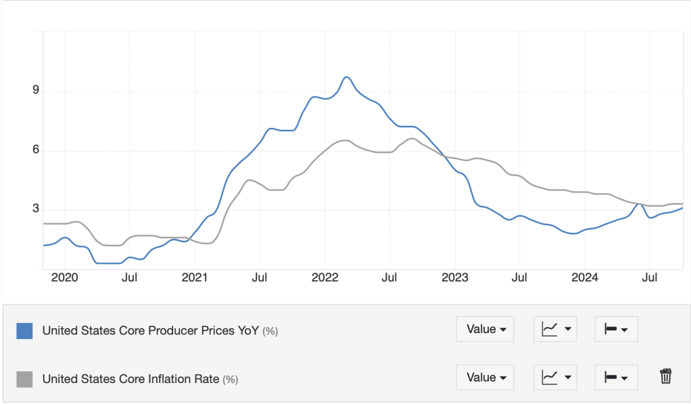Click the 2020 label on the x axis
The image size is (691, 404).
[65, 277]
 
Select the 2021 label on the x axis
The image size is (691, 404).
[195, 277]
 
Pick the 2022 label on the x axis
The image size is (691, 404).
[325, 277]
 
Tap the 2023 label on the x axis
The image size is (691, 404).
[455, 277]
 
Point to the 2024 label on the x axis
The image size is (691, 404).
[585, 277]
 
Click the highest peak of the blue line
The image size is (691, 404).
[346, 77]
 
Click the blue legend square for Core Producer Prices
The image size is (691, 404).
[24, 331]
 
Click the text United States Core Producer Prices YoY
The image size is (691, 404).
[151, 331]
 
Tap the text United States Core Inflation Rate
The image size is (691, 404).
[130, 380]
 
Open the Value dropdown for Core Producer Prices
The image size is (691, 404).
[485, 330]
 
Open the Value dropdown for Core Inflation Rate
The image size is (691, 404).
[485, 378]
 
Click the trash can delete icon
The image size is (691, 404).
[665, 376]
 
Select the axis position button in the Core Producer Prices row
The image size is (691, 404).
[615, 330]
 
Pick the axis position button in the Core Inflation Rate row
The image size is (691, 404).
[615, 378]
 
